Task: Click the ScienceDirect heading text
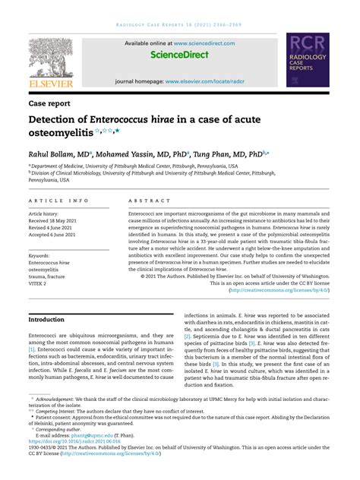tap(179, 55)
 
